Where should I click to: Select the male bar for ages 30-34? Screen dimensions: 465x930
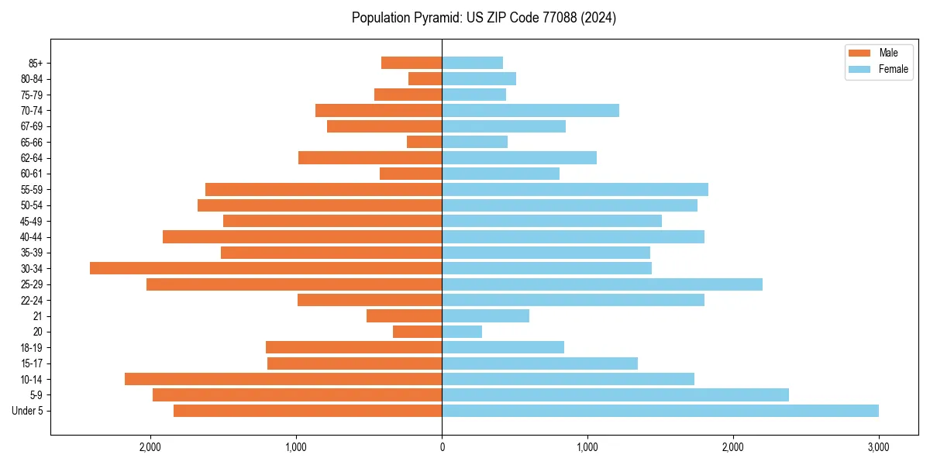[x=266, y=268]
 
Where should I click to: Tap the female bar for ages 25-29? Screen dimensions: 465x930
[x=602, y=284]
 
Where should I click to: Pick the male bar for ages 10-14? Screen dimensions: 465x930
[x=284, y=379]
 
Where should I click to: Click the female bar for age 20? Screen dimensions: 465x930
[x=462, y=332]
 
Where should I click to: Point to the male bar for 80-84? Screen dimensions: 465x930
[x=425, y=78]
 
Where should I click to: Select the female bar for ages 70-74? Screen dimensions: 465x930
[x=530, y=110]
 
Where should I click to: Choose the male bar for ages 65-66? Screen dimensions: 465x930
[x=425, y=142]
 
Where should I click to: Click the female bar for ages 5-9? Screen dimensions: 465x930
[x=615, y=395]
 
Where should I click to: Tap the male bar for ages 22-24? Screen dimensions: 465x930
[x=370, y=300]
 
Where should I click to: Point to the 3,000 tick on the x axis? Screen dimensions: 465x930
[x=878, y=447]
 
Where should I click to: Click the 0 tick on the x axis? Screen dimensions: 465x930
[x=442, y=447]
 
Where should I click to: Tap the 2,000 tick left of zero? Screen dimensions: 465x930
[x=150, y=447]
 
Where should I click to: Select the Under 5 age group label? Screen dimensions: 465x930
[x=27, y=411]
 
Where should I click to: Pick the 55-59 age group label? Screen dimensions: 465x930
[x=31, y=189]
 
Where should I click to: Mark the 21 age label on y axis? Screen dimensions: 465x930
[x=37, y=316]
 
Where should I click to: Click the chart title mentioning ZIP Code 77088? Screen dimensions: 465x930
[x=484, y=18]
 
